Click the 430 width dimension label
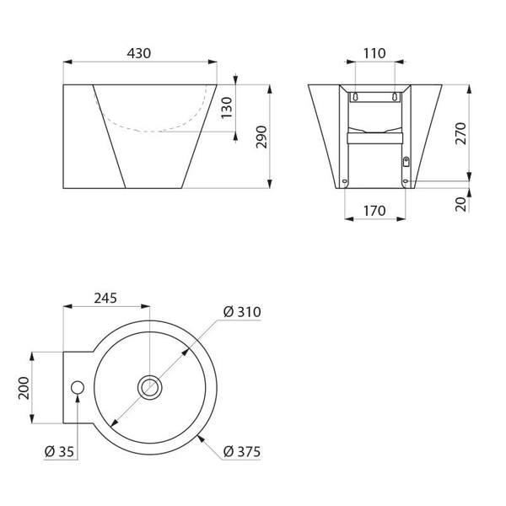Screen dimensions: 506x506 click(139, 53)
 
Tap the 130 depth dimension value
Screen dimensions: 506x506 click(227, 107)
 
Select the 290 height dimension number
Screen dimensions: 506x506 click(261, 137)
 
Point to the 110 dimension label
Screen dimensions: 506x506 click(374, 53)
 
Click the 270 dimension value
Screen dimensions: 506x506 click(460, 133)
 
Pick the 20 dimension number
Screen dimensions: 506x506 click(460, 204)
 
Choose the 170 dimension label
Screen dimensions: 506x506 click(374, 211)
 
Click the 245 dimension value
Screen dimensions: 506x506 click(105, 299)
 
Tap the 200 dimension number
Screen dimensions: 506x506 click(24, 388)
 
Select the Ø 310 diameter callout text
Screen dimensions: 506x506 click(242, 312)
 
